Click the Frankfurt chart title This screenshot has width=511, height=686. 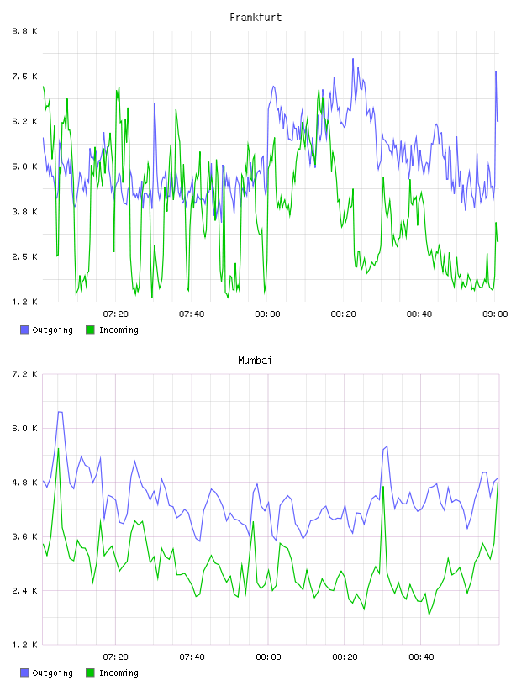255,18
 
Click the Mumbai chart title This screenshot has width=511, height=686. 255,361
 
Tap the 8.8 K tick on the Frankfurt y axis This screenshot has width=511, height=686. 25,31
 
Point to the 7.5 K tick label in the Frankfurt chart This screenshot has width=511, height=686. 25,77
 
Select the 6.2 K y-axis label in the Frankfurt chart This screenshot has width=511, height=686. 25,121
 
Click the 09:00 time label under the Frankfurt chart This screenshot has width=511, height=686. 495,314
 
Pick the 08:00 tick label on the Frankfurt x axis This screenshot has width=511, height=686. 267,314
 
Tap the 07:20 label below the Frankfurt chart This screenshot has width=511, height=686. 115,314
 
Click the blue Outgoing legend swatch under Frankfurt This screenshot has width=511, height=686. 24,330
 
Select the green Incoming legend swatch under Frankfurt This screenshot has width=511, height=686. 90,330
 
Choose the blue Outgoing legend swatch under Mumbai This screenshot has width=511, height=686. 24,673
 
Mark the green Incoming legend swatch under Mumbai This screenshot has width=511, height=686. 90,673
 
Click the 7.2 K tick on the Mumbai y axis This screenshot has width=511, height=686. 25,374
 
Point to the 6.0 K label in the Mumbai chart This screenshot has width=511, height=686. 25,428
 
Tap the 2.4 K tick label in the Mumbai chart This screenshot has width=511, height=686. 25,591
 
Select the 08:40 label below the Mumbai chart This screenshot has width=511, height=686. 421,657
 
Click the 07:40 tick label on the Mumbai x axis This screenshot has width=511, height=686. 192,657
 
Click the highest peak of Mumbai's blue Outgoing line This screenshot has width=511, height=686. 60,412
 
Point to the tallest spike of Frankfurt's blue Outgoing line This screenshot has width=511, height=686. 353,59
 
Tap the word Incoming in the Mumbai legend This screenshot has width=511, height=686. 119,673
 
